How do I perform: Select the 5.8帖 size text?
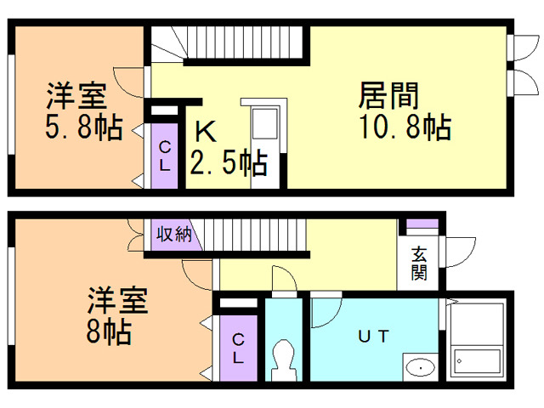tap(82, 127)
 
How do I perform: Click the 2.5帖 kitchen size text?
tap(228, 161)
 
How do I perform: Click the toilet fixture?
tap(285, 361)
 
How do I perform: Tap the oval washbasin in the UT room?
tap(418, 367)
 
